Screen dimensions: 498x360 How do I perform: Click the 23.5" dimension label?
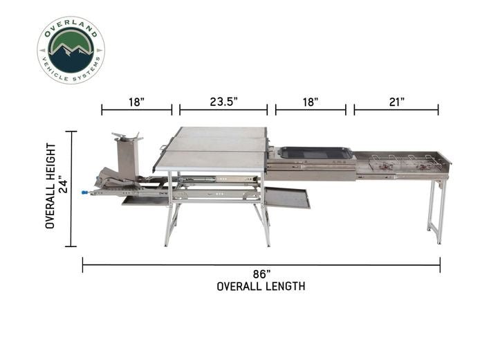223,102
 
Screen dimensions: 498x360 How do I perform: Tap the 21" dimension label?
397,102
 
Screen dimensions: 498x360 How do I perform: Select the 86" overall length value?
261,274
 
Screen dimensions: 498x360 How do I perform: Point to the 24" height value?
64,186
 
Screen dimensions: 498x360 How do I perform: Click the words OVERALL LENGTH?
261,287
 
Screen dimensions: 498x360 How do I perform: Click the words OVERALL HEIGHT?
50,186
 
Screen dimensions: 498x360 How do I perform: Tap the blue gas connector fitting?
85,192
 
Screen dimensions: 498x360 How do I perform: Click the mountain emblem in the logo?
71,50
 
